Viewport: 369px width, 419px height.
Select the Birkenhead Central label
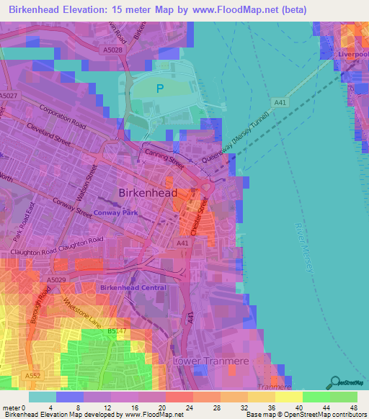click(133, 287)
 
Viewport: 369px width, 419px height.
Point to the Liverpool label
click(352, 55)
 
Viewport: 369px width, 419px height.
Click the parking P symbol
click(160, 89)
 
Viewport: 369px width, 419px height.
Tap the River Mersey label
click(303, 244)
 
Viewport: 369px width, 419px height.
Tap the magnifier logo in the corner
click(334, 382)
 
